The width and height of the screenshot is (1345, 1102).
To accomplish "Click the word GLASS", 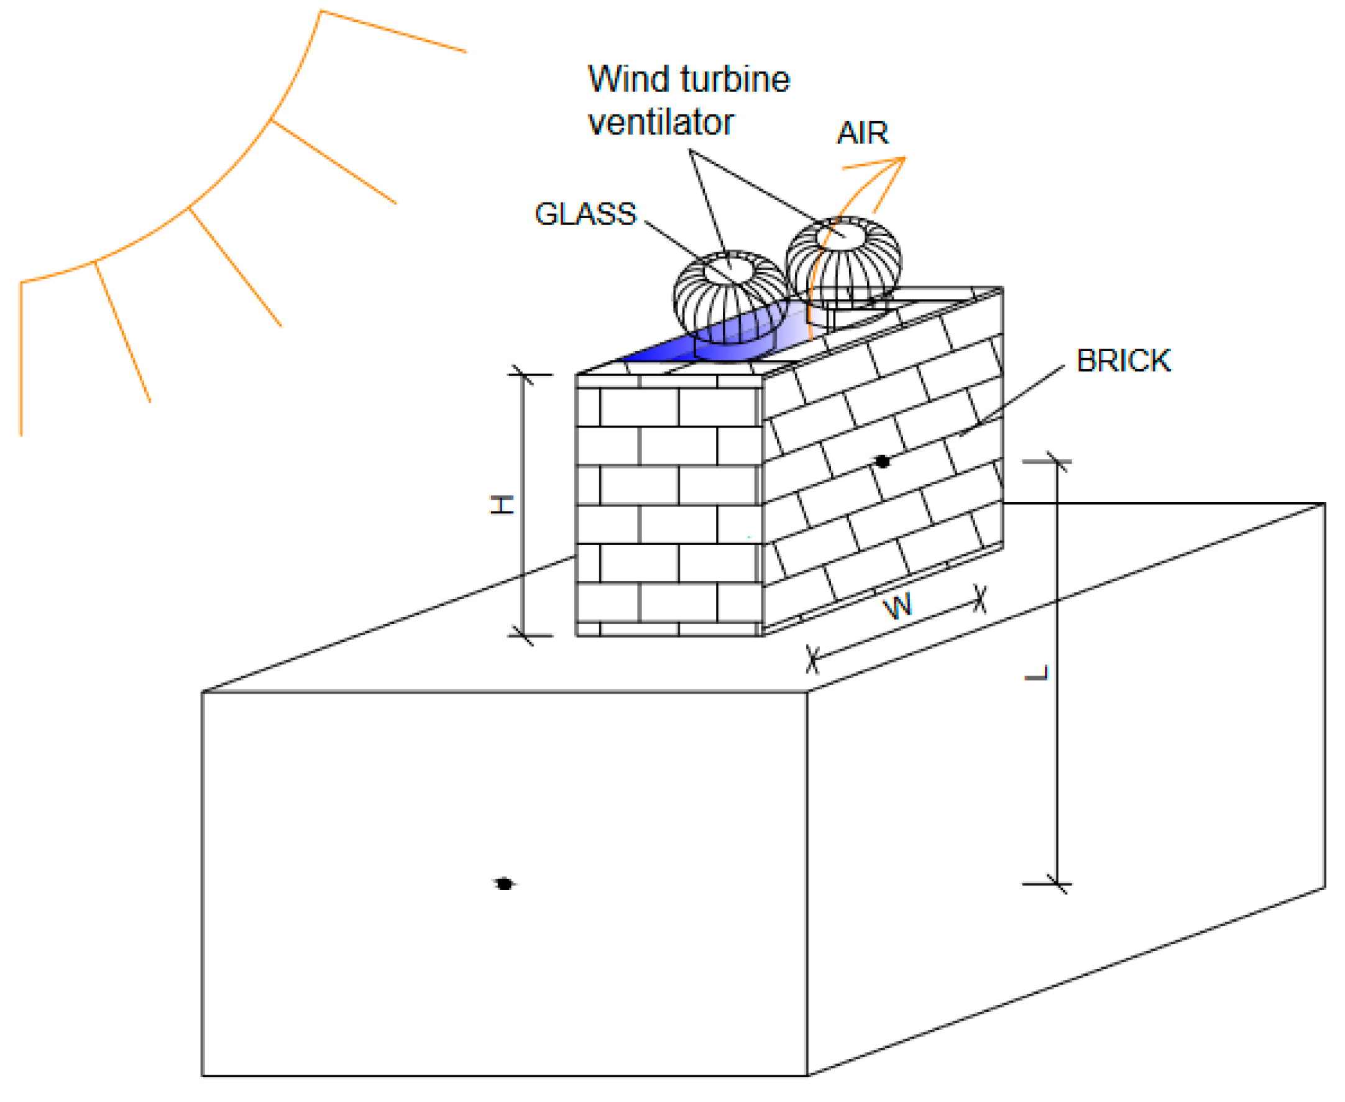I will [x=585, y=214].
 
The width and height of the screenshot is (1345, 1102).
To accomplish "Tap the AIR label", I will [x=863, y=133].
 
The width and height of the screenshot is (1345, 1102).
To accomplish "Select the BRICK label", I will [x=1123, y=360].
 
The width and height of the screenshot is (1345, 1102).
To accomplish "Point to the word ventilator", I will [x=661, y=122].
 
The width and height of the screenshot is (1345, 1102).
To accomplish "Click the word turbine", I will [x=735, y=80].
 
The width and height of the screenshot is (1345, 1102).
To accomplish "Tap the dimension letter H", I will [x=502, y=505].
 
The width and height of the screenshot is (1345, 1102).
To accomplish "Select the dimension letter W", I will [x=897, y=606].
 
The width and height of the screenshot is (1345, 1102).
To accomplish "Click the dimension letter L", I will [x=1037, y=673].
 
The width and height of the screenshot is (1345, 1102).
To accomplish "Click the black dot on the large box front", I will [x=505, y=884].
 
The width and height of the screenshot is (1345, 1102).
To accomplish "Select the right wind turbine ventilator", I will [x=843, y=260].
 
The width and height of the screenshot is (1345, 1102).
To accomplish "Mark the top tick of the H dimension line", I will [x=523, y=375].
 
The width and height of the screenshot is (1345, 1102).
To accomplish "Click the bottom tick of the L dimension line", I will [x=1057, y=884].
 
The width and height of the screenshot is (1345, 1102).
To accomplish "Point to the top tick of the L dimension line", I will [x=1057, y=461].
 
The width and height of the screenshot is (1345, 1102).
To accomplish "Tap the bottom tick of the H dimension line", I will [x=523, y=635].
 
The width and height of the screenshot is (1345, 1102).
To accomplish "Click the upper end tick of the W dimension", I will [x=981, y=599].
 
